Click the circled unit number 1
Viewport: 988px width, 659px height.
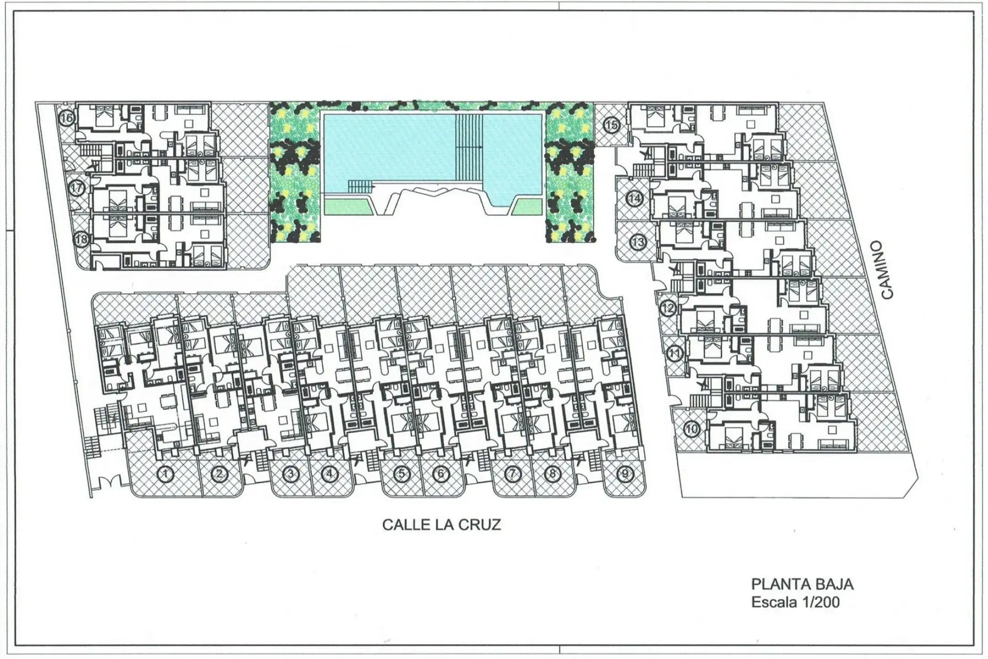click(x=166, y=474)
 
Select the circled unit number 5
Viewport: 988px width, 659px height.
click(x=402, y=474)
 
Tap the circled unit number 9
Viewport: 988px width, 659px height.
click(x=624, y=474)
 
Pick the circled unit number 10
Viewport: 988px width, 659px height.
click(x=692, y=429)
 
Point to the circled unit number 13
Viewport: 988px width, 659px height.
click(x=638, y=241)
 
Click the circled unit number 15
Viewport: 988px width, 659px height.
click(x=611, y=124)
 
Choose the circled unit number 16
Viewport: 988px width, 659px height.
click(x=67, y=118)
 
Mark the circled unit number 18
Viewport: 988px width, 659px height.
click(x=81, y=239)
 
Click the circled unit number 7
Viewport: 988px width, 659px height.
click(x=513, y=474)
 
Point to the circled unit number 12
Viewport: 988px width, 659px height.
click(x=668, y=308)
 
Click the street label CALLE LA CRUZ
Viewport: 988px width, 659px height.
click(x=441, y=524)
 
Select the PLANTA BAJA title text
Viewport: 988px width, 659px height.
click(x=802, y=584)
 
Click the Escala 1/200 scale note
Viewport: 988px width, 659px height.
click(x=795, y=601)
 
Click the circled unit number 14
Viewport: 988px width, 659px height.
click(x=635, y=199)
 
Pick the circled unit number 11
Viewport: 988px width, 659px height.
click(x=675, y=353)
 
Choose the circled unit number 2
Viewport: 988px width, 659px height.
click(x=219, y=474)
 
